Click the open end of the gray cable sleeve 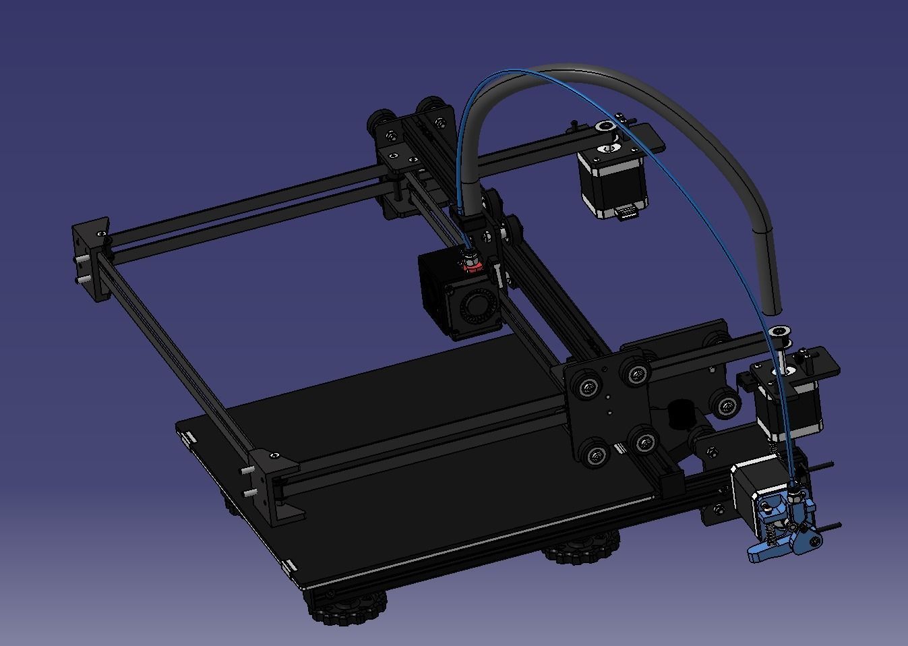(x=774, y=309)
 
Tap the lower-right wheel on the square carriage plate (x=644, y=442)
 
